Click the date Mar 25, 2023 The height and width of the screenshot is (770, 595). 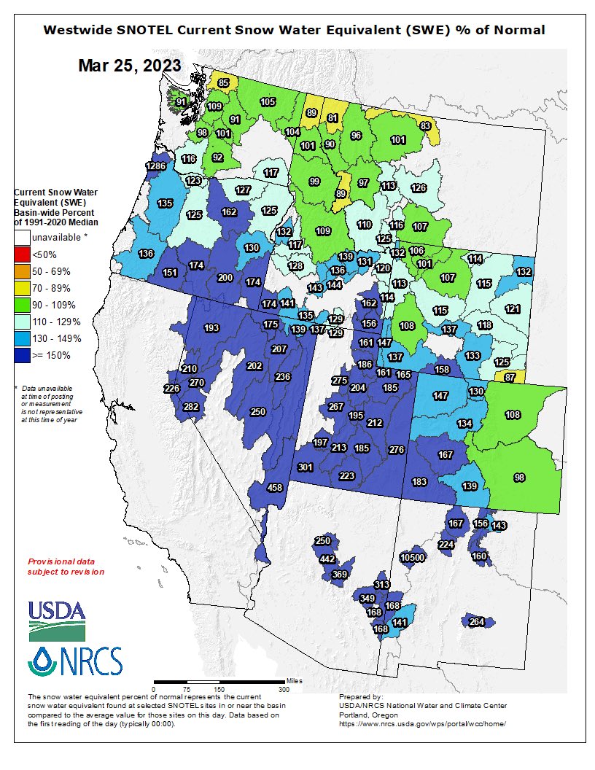(130, 65)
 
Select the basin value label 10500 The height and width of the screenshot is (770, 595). (413, 558)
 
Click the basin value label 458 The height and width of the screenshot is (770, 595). (275, 488)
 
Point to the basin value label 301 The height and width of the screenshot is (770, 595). (306, 467)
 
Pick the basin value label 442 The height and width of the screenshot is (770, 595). (327, 559)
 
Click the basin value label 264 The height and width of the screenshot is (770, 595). (476, 622)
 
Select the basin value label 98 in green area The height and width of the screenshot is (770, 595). (519, 478)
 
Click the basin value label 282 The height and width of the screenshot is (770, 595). (191, 406)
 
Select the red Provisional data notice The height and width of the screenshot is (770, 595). (66, 567)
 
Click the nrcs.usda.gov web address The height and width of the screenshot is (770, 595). (421, 723)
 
